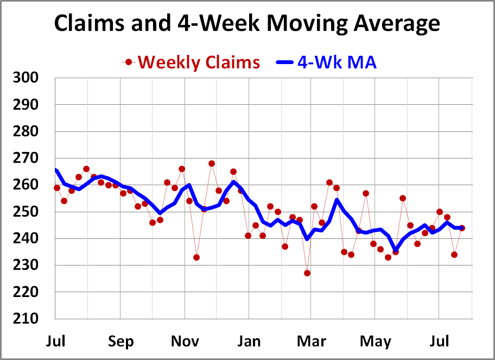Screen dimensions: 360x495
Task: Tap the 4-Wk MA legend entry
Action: point(337,62)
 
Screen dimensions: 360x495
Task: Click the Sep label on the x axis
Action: point(120,342)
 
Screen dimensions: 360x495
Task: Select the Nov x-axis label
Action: point(185,342)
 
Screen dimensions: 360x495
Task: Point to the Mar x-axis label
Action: point(312,342)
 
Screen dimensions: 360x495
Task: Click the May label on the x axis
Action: point(376,342)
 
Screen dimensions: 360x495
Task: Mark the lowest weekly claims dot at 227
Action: point(307,273)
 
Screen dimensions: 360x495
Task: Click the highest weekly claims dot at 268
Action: point(212,163)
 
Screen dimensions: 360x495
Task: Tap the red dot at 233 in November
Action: point(196,257)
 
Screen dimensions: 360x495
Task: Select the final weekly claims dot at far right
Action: point(462,228)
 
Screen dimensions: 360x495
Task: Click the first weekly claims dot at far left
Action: point(57,188)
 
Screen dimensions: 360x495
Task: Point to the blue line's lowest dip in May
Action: point(395,250)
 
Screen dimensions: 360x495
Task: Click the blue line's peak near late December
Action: point(234,182)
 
